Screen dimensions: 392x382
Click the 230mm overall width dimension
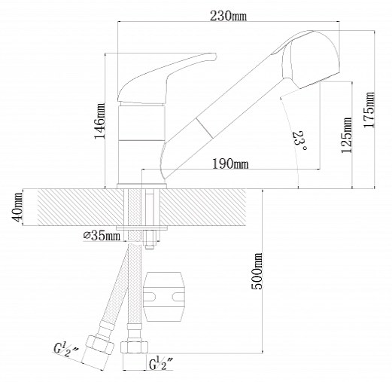(228, 17)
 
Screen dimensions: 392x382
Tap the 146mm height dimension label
(99, 121)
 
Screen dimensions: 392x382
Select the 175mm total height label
(369, 110)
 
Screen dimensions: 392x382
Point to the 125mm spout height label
(346, 135)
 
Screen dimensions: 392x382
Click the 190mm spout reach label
(230, 164)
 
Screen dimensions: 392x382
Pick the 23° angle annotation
(299, 141)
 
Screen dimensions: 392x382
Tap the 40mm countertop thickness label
(17, 207)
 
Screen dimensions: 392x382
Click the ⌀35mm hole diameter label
(102, 236)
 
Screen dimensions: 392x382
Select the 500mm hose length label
(257, 271)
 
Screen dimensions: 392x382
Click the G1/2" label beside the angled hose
(65, 350)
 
